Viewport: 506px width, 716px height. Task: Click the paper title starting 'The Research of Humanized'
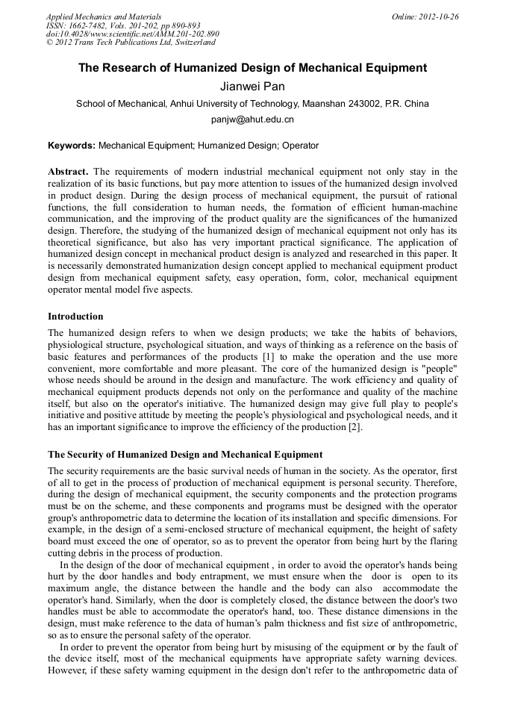click(253, 68)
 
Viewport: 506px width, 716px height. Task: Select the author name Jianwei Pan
click(252, 87)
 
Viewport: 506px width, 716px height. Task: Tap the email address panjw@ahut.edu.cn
click(253, 119)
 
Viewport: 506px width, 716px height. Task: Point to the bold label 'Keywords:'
click(72, 146)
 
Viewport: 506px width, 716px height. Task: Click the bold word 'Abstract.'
click(69, 172)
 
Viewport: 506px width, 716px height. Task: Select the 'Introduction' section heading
click(75, 317)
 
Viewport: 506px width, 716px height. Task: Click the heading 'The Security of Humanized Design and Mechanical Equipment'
click(185, 454)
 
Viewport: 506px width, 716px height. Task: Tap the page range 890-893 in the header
click(180, 25)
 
